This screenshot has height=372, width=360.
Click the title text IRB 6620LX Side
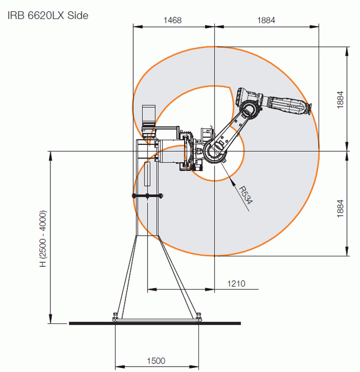[x=48, y=15]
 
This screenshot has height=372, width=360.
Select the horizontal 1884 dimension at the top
[x=266, y=20]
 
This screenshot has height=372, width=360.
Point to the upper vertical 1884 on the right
[x=340, y=99]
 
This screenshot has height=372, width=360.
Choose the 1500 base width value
[x=156, y=361]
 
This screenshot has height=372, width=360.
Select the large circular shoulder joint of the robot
[x=215, y=151]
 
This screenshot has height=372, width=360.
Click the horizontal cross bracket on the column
[x=147, y=195]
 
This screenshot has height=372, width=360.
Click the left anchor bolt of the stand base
[x=115, y=317]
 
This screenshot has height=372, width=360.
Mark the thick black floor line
[x=155, y=323]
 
